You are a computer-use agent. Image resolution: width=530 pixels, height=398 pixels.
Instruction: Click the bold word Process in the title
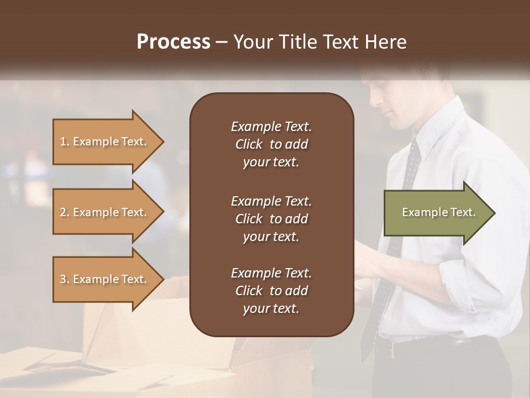173,42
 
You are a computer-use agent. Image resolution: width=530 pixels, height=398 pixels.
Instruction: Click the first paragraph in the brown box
271,144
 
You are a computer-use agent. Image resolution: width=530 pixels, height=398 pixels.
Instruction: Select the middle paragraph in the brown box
271,219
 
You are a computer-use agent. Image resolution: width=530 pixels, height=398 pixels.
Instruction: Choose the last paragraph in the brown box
271,291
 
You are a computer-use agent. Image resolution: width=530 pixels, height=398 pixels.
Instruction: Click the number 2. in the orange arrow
65,212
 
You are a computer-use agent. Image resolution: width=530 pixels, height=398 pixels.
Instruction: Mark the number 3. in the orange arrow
65,279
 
